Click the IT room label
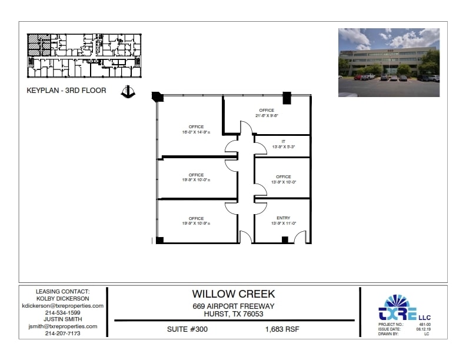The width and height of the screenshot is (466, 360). pyautogui.click(x=283, y=142)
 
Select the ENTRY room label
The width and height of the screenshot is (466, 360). pyautogui.click(x=283, y=218)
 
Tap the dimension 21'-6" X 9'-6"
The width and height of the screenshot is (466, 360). pyautogui.click(x=267, y=116)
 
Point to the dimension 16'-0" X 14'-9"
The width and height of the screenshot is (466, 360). pyautogui.click(x=196, y=132)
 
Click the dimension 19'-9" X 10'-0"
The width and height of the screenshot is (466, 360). pyautogui.click(x=196, y=180)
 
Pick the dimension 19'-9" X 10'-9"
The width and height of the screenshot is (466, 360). pyautogui.click(x=196, y=224)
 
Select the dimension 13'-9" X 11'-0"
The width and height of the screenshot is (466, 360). pyautogui.click(x=283, y=224)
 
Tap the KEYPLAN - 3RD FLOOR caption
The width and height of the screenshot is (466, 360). pyautogui.click(x=66, y=91)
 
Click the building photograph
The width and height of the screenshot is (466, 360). pyautogui.click(x=388, y=62)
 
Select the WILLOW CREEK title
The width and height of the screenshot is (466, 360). pyautogui.click(x=233, y=294)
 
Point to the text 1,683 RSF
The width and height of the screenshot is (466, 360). pyautogui.click(x=282, y=329)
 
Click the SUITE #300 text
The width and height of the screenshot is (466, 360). pyautogui.click(x=187, y=329)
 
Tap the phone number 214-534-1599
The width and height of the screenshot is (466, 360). pyautogui.click(x=62, y=312)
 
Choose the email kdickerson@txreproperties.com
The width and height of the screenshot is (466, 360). pyautogui.click(x=62, y=306)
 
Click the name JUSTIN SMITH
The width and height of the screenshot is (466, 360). pyautogui.click(x=62, y=319)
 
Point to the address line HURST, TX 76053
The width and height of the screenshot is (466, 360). pyautogui.click(x=234, y=314)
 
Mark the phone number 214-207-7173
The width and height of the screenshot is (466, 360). pyautogui.click(x=62, y=333)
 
